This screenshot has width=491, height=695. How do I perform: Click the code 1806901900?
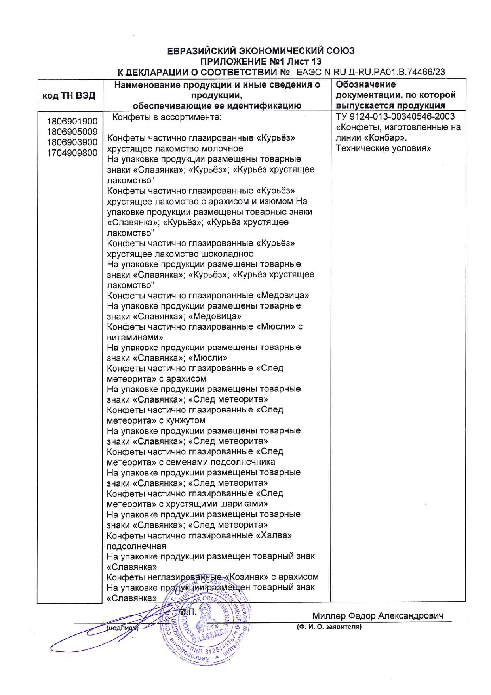click(x=72, y=121)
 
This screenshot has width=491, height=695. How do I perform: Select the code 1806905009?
click(x=72, y=132)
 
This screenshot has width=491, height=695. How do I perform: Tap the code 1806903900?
click(x=72, y=142)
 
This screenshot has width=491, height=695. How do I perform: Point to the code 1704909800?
click(x=72, y=153)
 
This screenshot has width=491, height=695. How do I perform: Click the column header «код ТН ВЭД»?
click(x=69, y=95)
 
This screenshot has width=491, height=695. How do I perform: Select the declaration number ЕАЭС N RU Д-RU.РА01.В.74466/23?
click(x=371, y=72)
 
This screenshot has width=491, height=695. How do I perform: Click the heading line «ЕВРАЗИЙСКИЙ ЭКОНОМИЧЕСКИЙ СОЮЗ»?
click(x=261, y=51)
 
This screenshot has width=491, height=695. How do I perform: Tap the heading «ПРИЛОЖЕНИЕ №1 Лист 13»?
click(x=261, y=61)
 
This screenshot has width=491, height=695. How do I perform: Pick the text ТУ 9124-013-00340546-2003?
click(x=395, y=116)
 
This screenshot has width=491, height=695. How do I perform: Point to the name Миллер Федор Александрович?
click(x=378, y=616)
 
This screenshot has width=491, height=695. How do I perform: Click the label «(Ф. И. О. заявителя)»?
click(x=329, y=627)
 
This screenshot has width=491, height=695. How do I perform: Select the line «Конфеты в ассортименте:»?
click(x=167, y=117)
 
